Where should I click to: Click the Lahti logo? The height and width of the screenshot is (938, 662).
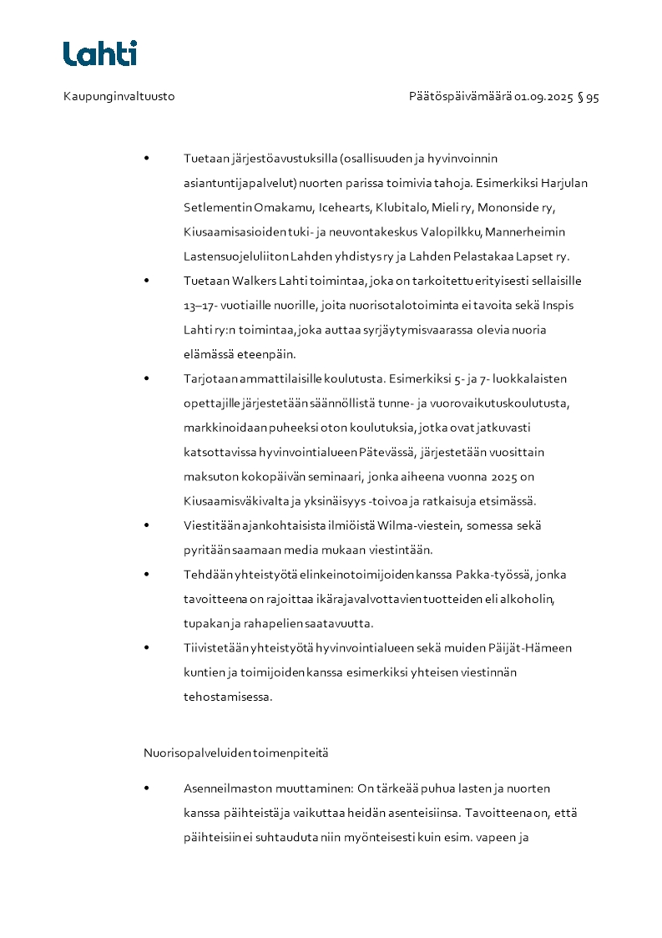[x=99, y=53]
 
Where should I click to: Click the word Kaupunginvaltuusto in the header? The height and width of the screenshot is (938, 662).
[x=119, y=97]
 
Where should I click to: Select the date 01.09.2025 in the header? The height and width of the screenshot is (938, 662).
[x=543, y=97]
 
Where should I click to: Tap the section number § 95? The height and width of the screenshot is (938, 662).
[x=589, y=97]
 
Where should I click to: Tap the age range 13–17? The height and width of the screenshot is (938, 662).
[x=200, y=306]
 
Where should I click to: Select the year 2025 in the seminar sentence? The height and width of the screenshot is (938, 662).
[x=517, y=477]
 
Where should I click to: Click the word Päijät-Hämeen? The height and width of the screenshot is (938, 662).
[x=536, y=648]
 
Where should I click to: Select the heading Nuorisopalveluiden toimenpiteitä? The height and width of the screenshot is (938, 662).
[x=236, y=753]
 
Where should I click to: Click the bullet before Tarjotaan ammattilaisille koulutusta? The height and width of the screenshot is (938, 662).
[x=147, y=378]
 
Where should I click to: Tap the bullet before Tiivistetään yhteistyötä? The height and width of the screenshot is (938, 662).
[x=147, y=648]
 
